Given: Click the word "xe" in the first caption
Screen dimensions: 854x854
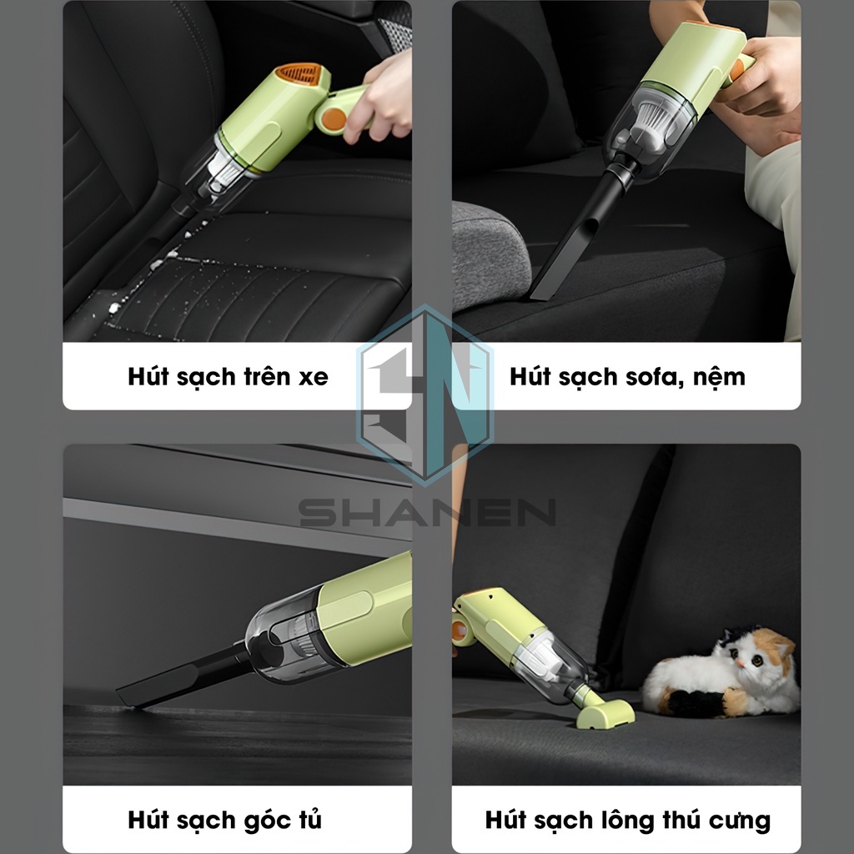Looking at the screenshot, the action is coord(314,378).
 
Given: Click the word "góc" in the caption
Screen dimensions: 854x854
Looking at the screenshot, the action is coord(266,821).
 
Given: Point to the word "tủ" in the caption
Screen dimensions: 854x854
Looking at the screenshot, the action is coord(309,819).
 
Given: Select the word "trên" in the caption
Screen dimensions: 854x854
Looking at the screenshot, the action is coord(267,376).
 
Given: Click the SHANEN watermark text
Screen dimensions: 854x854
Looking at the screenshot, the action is coord(428,513).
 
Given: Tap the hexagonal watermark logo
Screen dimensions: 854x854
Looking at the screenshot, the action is coord(424,394).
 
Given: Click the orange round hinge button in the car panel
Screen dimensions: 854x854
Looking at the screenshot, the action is coord(334,118).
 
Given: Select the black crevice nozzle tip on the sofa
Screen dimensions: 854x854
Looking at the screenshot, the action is coord(545,289).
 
